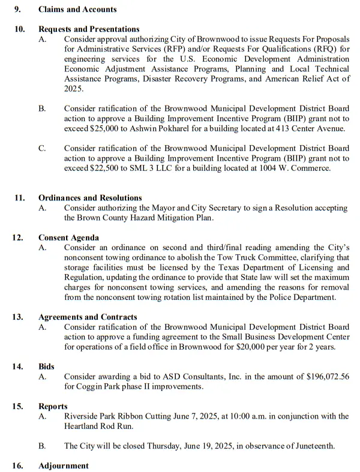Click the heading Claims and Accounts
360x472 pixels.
coord(77,10)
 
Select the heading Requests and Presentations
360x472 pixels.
coord(89,29)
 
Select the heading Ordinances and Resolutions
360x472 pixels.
coord(90,198)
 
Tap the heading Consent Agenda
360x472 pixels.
coord(68,238)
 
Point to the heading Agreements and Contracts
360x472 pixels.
coord(88,317)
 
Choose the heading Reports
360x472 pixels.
coord(53,407)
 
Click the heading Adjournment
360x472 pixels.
coord(63,466)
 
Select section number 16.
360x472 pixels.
coord(18,466)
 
